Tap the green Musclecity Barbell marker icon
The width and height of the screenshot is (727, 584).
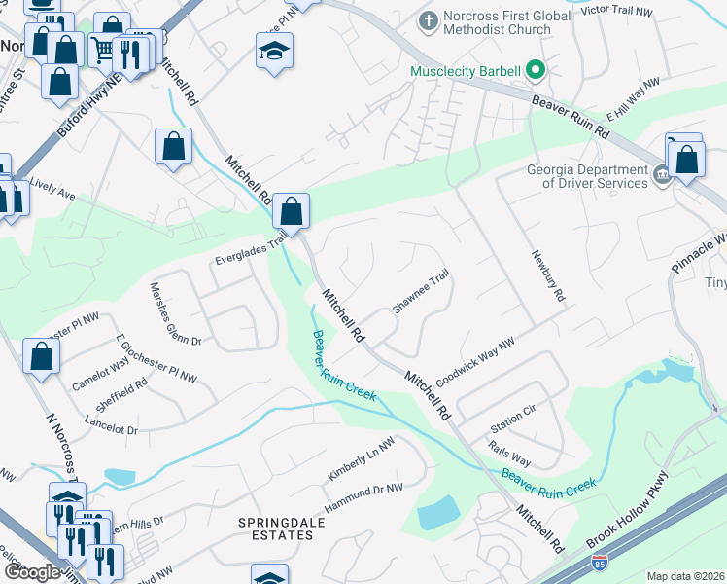(x=535, y=70)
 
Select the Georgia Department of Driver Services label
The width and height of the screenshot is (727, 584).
(x=587, y=175)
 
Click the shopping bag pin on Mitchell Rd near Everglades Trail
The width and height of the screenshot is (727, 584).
(x=291, y=210)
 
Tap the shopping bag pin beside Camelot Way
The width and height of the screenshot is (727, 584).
(x=43, y=357)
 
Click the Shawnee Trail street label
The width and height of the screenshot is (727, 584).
(x=420, y=292)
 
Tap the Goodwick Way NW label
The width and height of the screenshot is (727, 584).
(x=474, y=358)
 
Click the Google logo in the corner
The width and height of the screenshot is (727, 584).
(x=31, y=572)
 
